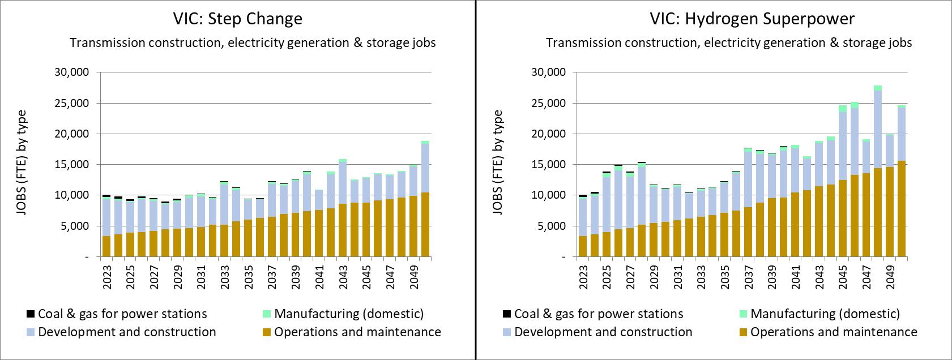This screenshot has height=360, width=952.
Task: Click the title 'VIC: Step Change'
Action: coord(238,19)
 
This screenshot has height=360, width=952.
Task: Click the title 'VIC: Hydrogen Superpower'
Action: coord(752,19)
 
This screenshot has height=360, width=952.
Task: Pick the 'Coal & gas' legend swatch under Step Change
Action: coord(31,314)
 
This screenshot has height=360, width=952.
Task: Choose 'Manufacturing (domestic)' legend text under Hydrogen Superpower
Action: coord(825,314)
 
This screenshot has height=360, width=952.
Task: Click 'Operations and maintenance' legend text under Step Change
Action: coord(357,332)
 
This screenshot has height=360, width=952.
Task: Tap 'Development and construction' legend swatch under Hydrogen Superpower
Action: coord(507,332)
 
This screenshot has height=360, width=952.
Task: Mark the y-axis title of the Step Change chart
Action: coord(22,164)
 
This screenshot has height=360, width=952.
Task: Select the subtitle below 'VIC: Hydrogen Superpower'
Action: coord(729,43)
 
